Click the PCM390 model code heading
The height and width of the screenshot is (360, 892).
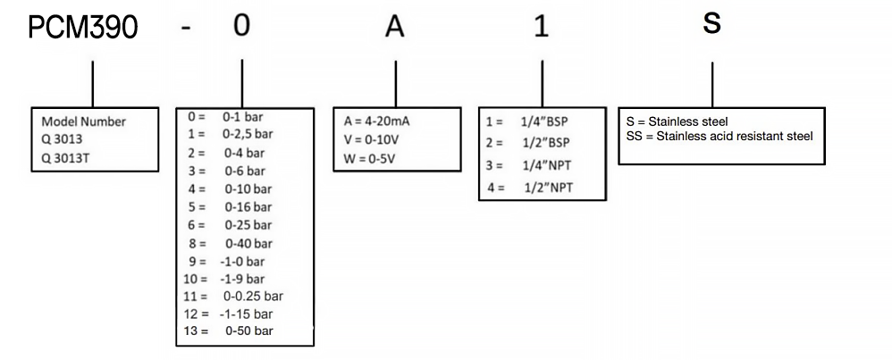[82, 28]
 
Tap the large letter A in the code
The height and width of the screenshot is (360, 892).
[395, 27]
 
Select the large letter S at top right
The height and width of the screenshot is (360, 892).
[711, 23]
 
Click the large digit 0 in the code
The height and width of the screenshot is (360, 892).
[241, 26]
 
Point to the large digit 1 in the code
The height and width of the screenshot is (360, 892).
[540, 27]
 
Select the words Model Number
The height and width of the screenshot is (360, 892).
[84, 122]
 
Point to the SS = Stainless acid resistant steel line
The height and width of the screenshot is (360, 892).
[719, 135]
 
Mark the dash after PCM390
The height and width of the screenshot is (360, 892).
[186, 29]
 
